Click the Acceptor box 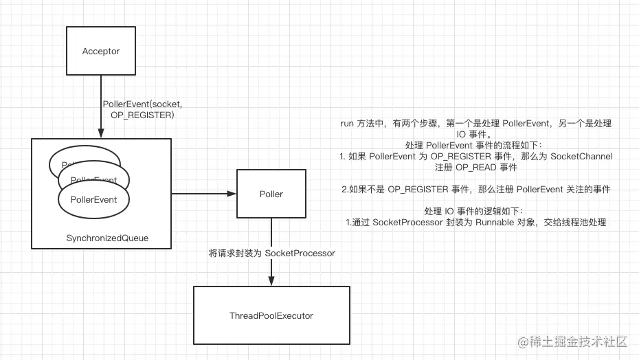coord(101,52)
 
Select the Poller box coord(271,194)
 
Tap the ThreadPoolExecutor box coord(271,315)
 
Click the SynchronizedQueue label coord(107,238)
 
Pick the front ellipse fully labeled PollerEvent coord(93,199)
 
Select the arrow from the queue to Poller coord(203,194)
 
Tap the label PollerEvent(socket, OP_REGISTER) coord(142,109)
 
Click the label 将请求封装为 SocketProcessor coord(272,254)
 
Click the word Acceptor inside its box coord(101,52)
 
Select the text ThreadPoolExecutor coord(271,315)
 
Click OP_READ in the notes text coord(473,167)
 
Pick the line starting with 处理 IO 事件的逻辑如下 coord(476,211)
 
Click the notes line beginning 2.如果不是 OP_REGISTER coord(476,189)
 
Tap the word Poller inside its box coord(271,194)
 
